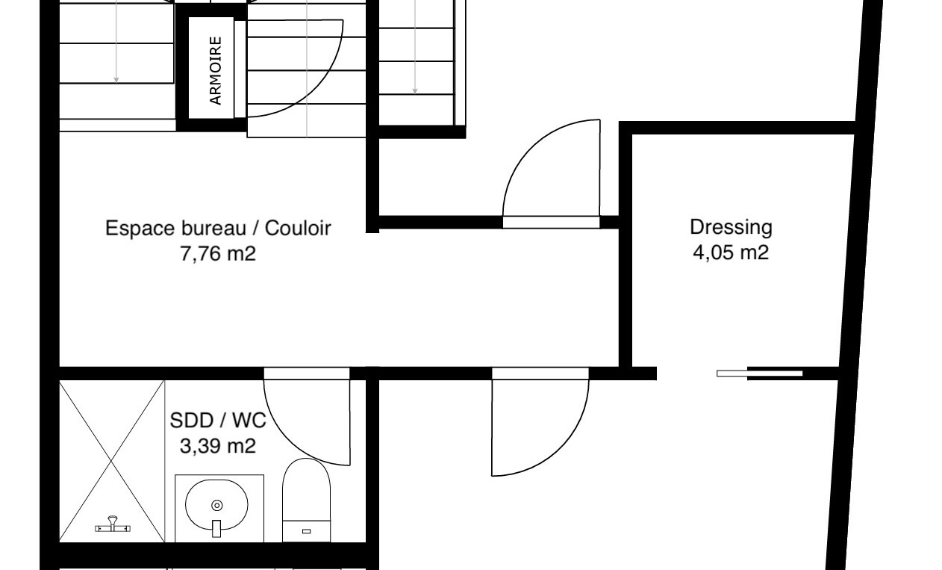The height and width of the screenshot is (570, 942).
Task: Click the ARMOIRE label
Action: coord(215,70)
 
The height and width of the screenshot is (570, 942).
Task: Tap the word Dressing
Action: coord(731,228)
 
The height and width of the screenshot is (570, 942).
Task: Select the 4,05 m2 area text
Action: coord(731,253)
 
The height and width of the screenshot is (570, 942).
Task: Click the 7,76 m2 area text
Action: coord(218,254)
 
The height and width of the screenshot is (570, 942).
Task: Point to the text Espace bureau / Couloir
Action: coord(218,228)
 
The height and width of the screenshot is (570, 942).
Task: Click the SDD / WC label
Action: coord(218,420)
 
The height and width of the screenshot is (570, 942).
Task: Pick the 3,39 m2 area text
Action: coord(218,445)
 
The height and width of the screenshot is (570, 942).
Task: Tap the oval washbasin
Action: coord(216,505)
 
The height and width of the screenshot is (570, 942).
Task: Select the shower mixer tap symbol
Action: coord(113,525)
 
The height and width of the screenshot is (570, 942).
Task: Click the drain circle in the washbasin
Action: coord(217,505)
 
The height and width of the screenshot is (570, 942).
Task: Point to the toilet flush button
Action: coord(306,531)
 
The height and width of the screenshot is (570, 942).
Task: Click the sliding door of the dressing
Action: coord(759,374)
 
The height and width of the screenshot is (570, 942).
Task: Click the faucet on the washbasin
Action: coord(216,528)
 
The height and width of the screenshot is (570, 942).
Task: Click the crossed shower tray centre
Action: coord(111,461)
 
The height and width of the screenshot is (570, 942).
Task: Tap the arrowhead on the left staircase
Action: coord(116,80)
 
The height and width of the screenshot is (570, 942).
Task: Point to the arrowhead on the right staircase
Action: coord(415,91)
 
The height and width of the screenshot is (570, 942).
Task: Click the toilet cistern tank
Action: coord(306,531)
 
